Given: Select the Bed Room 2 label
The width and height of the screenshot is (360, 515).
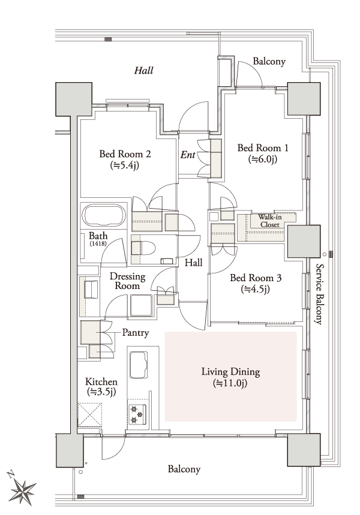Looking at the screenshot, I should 125,154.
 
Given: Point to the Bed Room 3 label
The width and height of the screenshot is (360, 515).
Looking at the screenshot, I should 256,279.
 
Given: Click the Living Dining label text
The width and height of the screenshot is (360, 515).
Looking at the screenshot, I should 230,372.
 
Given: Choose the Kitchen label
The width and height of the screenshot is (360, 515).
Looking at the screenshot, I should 101,382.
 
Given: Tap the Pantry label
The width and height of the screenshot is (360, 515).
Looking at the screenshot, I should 136,332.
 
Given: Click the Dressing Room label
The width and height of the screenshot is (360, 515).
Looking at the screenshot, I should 127,282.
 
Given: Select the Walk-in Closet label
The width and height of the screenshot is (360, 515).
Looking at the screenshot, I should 269,221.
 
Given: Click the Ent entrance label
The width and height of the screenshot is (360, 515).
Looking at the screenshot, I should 188,155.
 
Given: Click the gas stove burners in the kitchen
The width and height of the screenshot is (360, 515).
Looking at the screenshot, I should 137,414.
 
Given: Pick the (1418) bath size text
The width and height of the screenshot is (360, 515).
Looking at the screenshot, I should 98,245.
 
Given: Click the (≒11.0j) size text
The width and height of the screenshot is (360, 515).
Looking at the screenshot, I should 230,383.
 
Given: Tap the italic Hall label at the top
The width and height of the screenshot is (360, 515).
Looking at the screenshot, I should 143,70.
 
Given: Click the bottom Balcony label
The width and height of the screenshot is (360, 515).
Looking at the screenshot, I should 184,469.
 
